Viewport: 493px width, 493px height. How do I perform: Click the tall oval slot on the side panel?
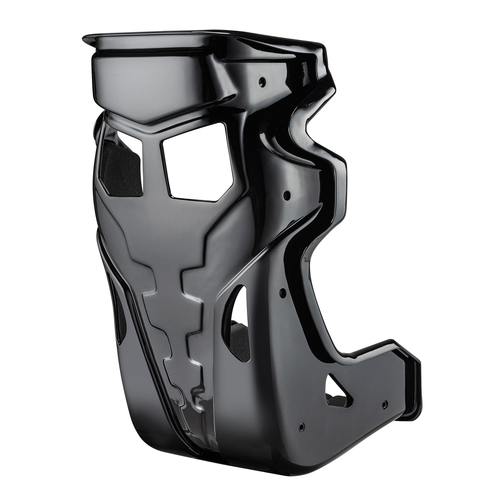pos(238,324)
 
